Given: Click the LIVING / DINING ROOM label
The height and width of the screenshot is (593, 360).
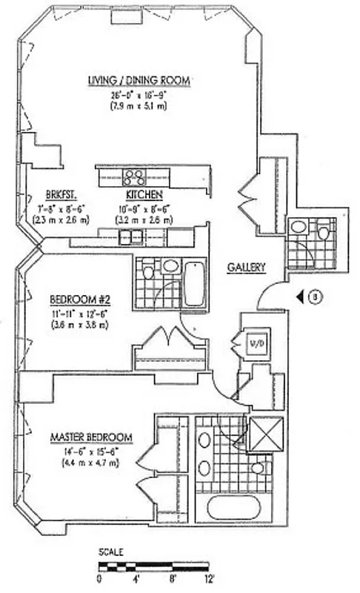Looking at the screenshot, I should (139, 80).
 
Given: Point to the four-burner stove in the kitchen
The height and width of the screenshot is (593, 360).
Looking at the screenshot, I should (134, 176).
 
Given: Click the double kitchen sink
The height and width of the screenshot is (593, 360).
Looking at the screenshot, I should (132, 237).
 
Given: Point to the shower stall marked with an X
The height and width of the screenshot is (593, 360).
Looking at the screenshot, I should (264, 435).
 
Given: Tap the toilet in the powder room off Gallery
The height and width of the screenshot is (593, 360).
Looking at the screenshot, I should (324, 232).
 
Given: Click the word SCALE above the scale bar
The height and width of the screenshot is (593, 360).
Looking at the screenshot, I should (110, 552).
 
